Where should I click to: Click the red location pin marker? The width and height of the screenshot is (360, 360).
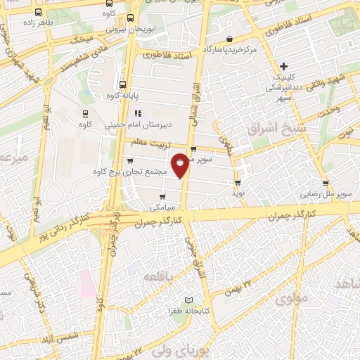coord(181,165)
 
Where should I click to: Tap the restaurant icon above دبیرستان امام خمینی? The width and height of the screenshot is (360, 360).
coord(138,112)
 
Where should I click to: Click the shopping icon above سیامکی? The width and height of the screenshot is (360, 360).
coord(162,197)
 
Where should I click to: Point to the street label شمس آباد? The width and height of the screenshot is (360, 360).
coord(63,339)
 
